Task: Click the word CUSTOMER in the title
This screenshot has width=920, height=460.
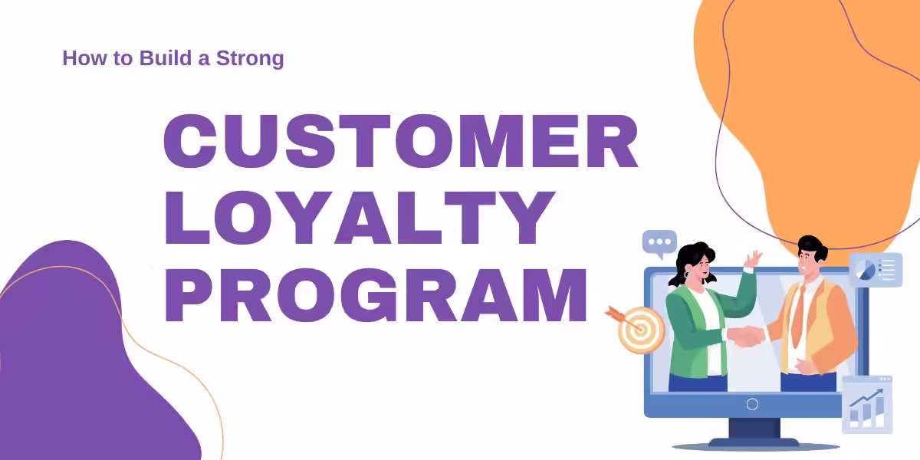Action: pyautogui.click(x=401, y=141)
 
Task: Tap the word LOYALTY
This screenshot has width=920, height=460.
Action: pyautogui.click(x=360, y=218)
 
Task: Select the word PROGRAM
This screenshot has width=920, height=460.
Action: pyautogui.click(x=376, y=295)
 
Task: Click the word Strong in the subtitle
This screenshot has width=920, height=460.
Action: pyautogui.click(x=250, y=58)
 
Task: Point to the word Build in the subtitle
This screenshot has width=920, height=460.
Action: pyautogui.click(x=166, y=58)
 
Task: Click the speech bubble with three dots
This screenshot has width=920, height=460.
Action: pyautogui.click(x=659, y=244)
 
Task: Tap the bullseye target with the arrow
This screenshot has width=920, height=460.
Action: pyautogui.click(x=636, y=329)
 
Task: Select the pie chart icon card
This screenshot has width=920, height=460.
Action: pyautogui.click(x=876, y=270)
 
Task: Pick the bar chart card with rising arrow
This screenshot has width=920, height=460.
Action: pyautogui.click(x=867, y=405)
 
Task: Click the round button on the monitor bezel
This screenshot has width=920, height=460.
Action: pyautogui.click(x=752, y=405)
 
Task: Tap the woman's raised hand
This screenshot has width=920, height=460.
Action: pyautogui.click(x=753, y=259)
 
